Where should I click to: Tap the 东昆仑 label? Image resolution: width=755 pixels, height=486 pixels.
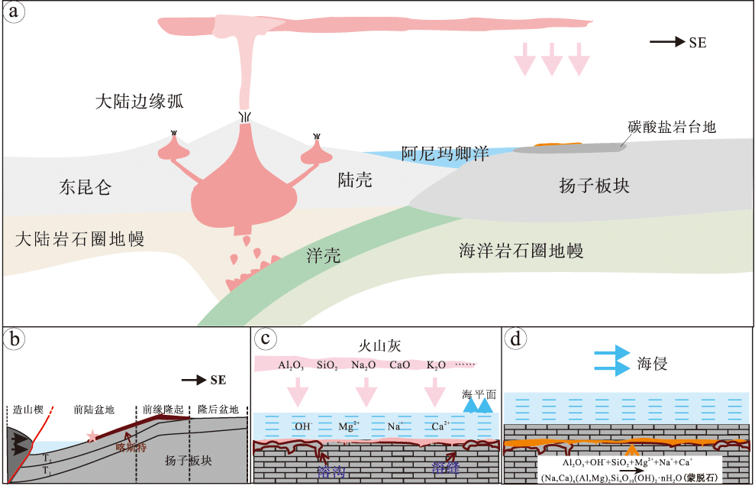click(x=85, y=187)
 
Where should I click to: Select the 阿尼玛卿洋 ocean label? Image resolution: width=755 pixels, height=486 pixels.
click(x=445, y=153)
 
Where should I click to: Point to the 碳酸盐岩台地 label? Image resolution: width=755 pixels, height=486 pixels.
click(x=672, y=128)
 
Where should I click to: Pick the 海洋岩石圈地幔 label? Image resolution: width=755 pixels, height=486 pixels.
click(x=521, y=250)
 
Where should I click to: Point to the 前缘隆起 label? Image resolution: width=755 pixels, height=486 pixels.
click(x=162, y=409)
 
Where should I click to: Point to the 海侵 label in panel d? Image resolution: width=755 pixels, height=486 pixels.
click(x=652, y=364)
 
